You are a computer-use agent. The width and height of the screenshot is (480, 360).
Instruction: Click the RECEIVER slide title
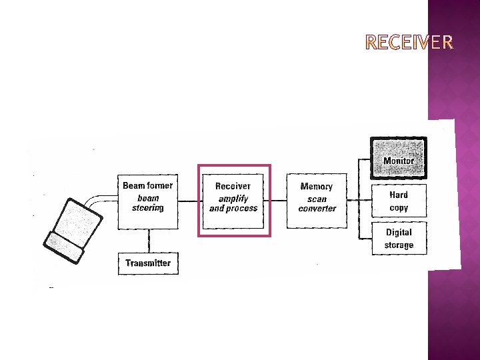coord(410,43)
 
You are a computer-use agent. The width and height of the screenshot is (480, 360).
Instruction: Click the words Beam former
coord(147,185)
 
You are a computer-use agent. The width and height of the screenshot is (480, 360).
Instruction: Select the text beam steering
coord(147,203)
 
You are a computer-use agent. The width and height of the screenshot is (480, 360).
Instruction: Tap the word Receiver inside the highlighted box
coord(233,186)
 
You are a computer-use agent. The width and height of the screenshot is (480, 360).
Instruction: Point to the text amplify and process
coord(233,203)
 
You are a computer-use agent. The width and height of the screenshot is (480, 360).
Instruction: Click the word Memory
coord(316,187)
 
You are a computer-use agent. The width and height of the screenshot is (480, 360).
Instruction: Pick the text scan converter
coord(317,203)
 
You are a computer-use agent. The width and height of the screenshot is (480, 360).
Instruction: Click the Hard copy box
coord(399,201)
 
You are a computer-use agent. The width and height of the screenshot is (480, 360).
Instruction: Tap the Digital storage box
coord(399,239)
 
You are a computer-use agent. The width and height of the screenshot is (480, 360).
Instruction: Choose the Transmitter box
coord(148,263)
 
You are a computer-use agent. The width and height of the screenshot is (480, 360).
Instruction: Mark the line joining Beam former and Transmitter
coord(148,241)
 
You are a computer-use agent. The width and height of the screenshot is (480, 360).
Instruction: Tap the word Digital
coord(399,233)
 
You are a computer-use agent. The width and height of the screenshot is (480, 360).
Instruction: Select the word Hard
coord(399,195)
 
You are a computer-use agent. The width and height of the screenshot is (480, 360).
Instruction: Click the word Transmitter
coord(148,263)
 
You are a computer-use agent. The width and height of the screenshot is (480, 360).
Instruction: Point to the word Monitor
coord(399,161)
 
